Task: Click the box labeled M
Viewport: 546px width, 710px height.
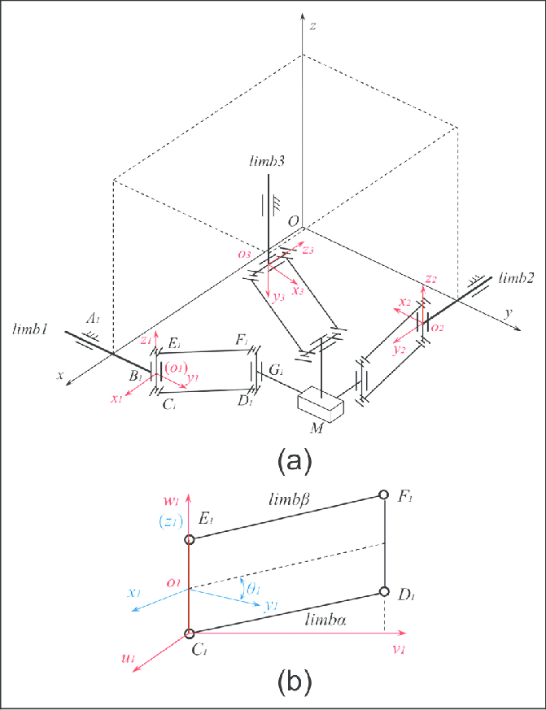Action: coord(322,403)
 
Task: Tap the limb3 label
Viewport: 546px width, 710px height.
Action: coord(269,163)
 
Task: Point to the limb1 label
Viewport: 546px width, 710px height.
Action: coord(32,329)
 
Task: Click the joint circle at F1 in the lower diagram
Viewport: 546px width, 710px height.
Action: coord(384,494)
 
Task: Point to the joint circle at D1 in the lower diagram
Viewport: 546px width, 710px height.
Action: coord(384,592)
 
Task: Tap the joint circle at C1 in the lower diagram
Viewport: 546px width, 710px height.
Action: coord(189,634)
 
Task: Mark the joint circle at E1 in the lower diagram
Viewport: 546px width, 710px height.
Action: coord(189,539)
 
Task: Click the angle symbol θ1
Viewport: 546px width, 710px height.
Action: coord(253,589)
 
